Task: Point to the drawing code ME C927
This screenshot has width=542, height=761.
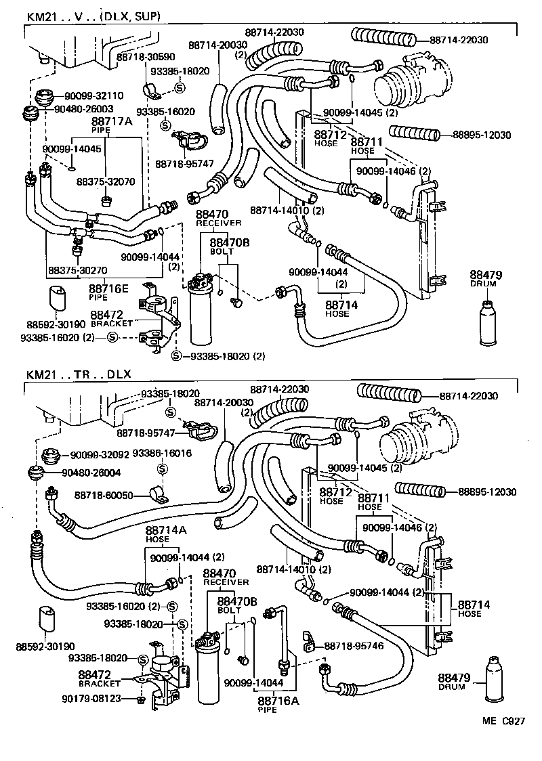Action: tap(503, 723)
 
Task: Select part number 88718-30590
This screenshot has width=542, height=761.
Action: tap(144, 58)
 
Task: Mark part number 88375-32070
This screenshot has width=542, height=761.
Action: tap(106, 181)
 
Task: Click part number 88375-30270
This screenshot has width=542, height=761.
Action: tap(77, 269)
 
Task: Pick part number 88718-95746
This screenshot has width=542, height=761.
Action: tap(354, 646)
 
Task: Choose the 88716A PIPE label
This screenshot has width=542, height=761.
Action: tap(278, 703)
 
